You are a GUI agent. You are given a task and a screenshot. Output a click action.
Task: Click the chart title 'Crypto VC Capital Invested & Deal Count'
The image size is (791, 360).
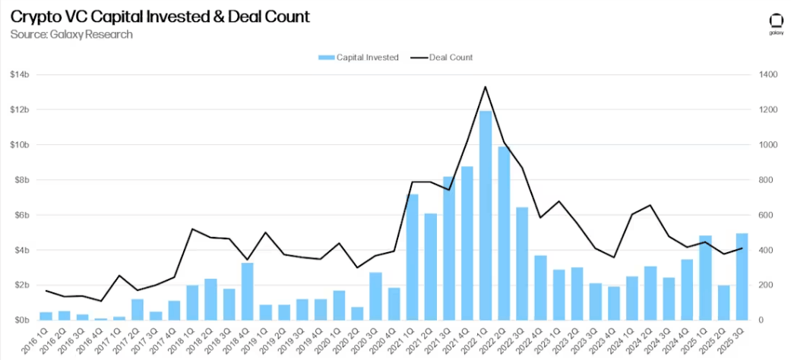click(x=160, y=17)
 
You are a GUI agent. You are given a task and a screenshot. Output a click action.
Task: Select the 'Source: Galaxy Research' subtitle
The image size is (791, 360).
click(x=71, y=34)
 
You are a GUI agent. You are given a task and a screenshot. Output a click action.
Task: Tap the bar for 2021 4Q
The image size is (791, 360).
click(x=467, y=243)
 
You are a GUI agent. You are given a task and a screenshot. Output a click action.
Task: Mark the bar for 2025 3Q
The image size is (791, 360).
click(x=742, y=276)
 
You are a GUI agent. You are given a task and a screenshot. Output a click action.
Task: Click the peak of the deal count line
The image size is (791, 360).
click(x=486, y=87)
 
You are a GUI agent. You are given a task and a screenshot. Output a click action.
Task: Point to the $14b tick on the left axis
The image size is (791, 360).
click(x=20, y=75)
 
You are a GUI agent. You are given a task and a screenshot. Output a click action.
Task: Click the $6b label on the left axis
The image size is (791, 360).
click(x=20, y=215)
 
